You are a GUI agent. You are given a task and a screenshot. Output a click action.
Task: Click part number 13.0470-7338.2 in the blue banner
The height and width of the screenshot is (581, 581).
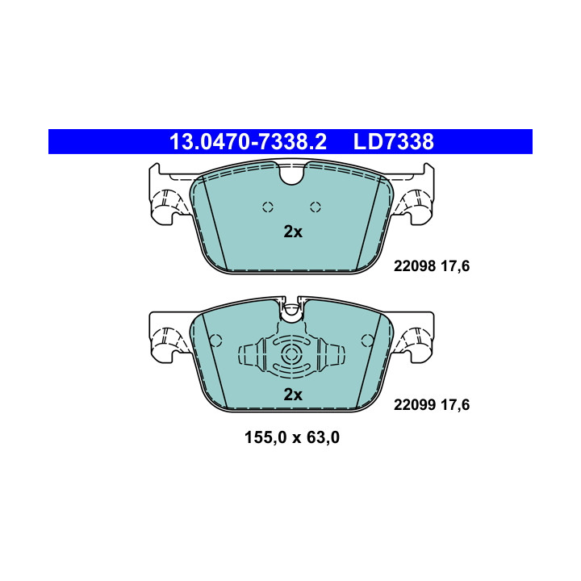pos(248,142)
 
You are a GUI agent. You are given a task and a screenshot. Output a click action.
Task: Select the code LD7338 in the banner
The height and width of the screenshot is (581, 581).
pos(394,142)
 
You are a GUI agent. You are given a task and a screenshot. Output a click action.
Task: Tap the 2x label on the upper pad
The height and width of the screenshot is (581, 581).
pos(293,232)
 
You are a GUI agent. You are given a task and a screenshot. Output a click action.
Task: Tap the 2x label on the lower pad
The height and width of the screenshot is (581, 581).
pos(293,395)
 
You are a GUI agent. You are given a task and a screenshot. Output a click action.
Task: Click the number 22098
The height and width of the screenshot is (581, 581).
pos(415,266)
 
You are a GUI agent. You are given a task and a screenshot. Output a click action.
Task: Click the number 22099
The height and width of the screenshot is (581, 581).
pos(415,404)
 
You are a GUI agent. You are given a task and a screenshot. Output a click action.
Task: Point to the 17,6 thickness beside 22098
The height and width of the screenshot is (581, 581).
pos(455,266)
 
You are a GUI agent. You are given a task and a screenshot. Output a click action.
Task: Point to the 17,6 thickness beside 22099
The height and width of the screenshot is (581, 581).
pos(455,405)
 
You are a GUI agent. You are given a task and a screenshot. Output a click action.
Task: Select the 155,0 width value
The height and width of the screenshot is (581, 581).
pos(265,437)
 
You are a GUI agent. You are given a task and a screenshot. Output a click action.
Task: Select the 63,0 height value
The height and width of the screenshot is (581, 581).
pos(323,437)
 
